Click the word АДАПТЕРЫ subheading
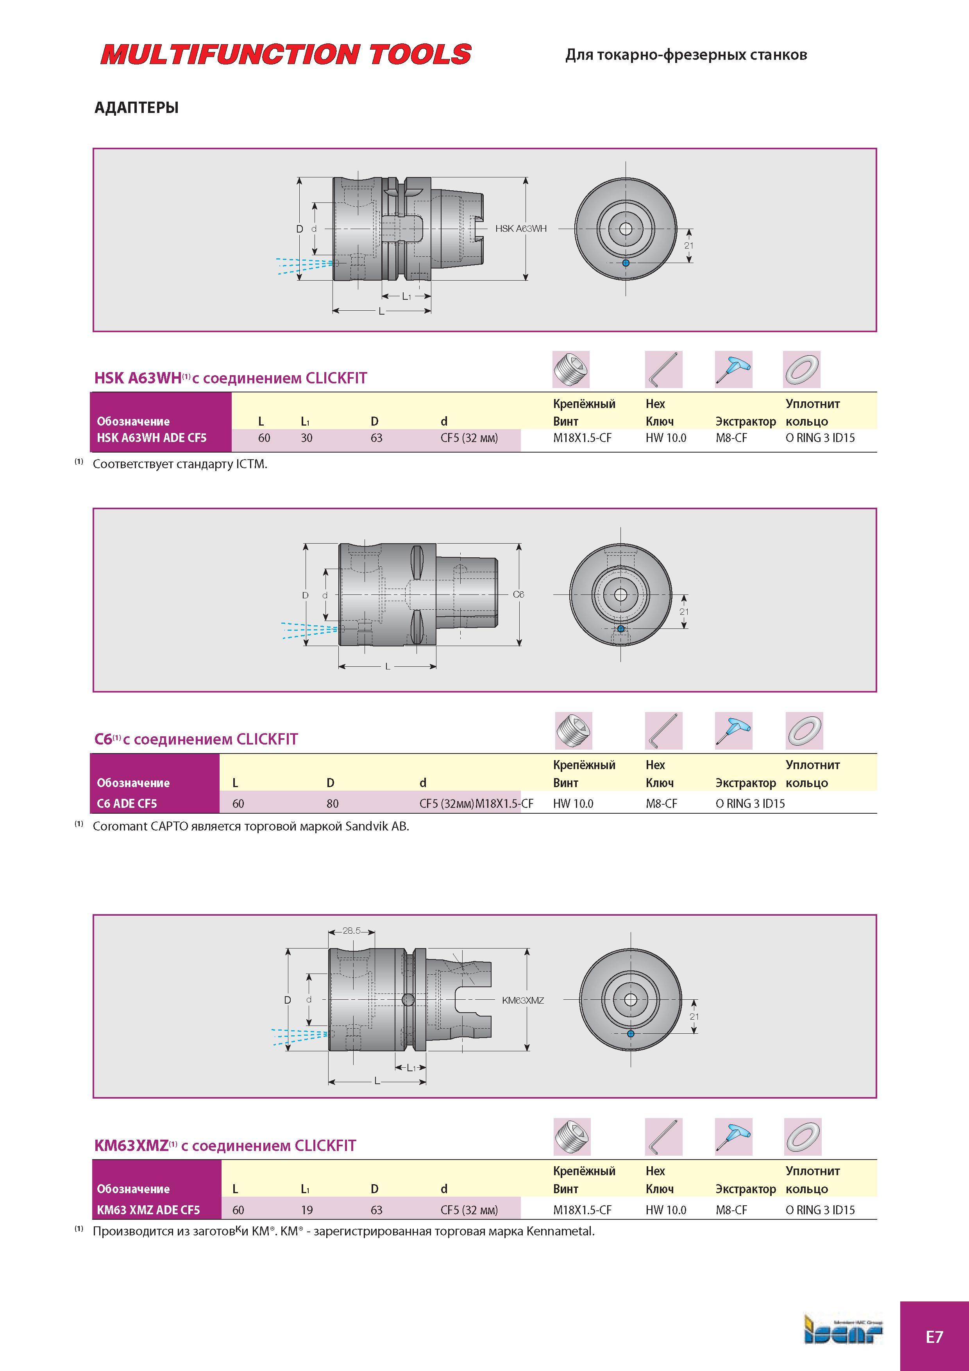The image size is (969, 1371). point(137,108)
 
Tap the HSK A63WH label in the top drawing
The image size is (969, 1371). point(520,229)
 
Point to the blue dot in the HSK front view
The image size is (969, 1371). point(626,263)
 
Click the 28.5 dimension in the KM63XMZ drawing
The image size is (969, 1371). point(352,930)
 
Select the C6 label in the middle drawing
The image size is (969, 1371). point(518,594)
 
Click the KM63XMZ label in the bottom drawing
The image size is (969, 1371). point(523,1000)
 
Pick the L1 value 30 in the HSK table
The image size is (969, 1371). point(306,438)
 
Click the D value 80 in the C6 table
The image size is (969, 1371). point(333,804)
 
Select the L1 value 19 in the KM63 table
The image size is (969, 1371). point(306,1210)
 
